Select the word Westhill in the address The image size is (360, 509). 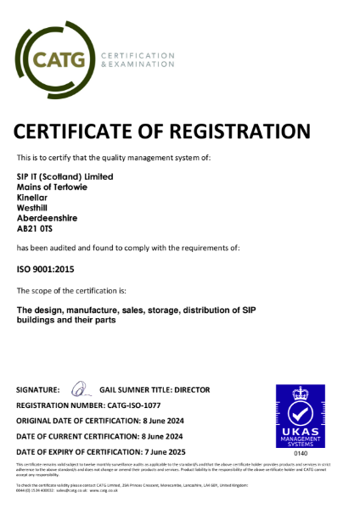click(33, 207)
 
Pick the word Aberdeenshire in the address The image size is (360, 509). click(47, 217)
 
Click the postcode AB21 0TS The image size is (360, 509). click(37, 227)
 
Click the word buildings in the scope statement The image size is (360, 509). click(38, 322)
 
